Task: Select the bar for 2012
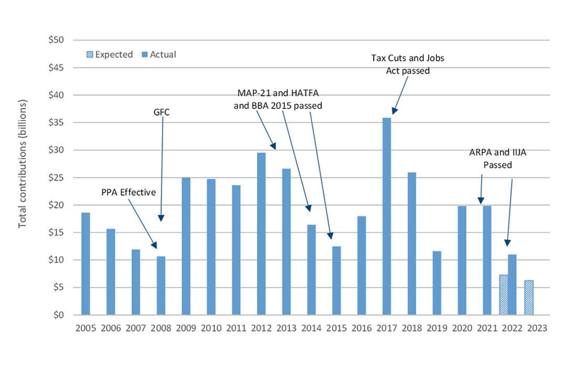(x=261, y=234)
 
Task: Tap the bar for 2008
(x=161, y=285)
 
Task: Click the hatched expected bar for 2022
(x=503, y=295)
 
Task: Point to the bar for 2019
(x=437, y=283)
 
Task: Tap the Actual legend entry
(x=158, y=54)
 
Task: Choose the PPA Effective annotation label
(x=129, y=192)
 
